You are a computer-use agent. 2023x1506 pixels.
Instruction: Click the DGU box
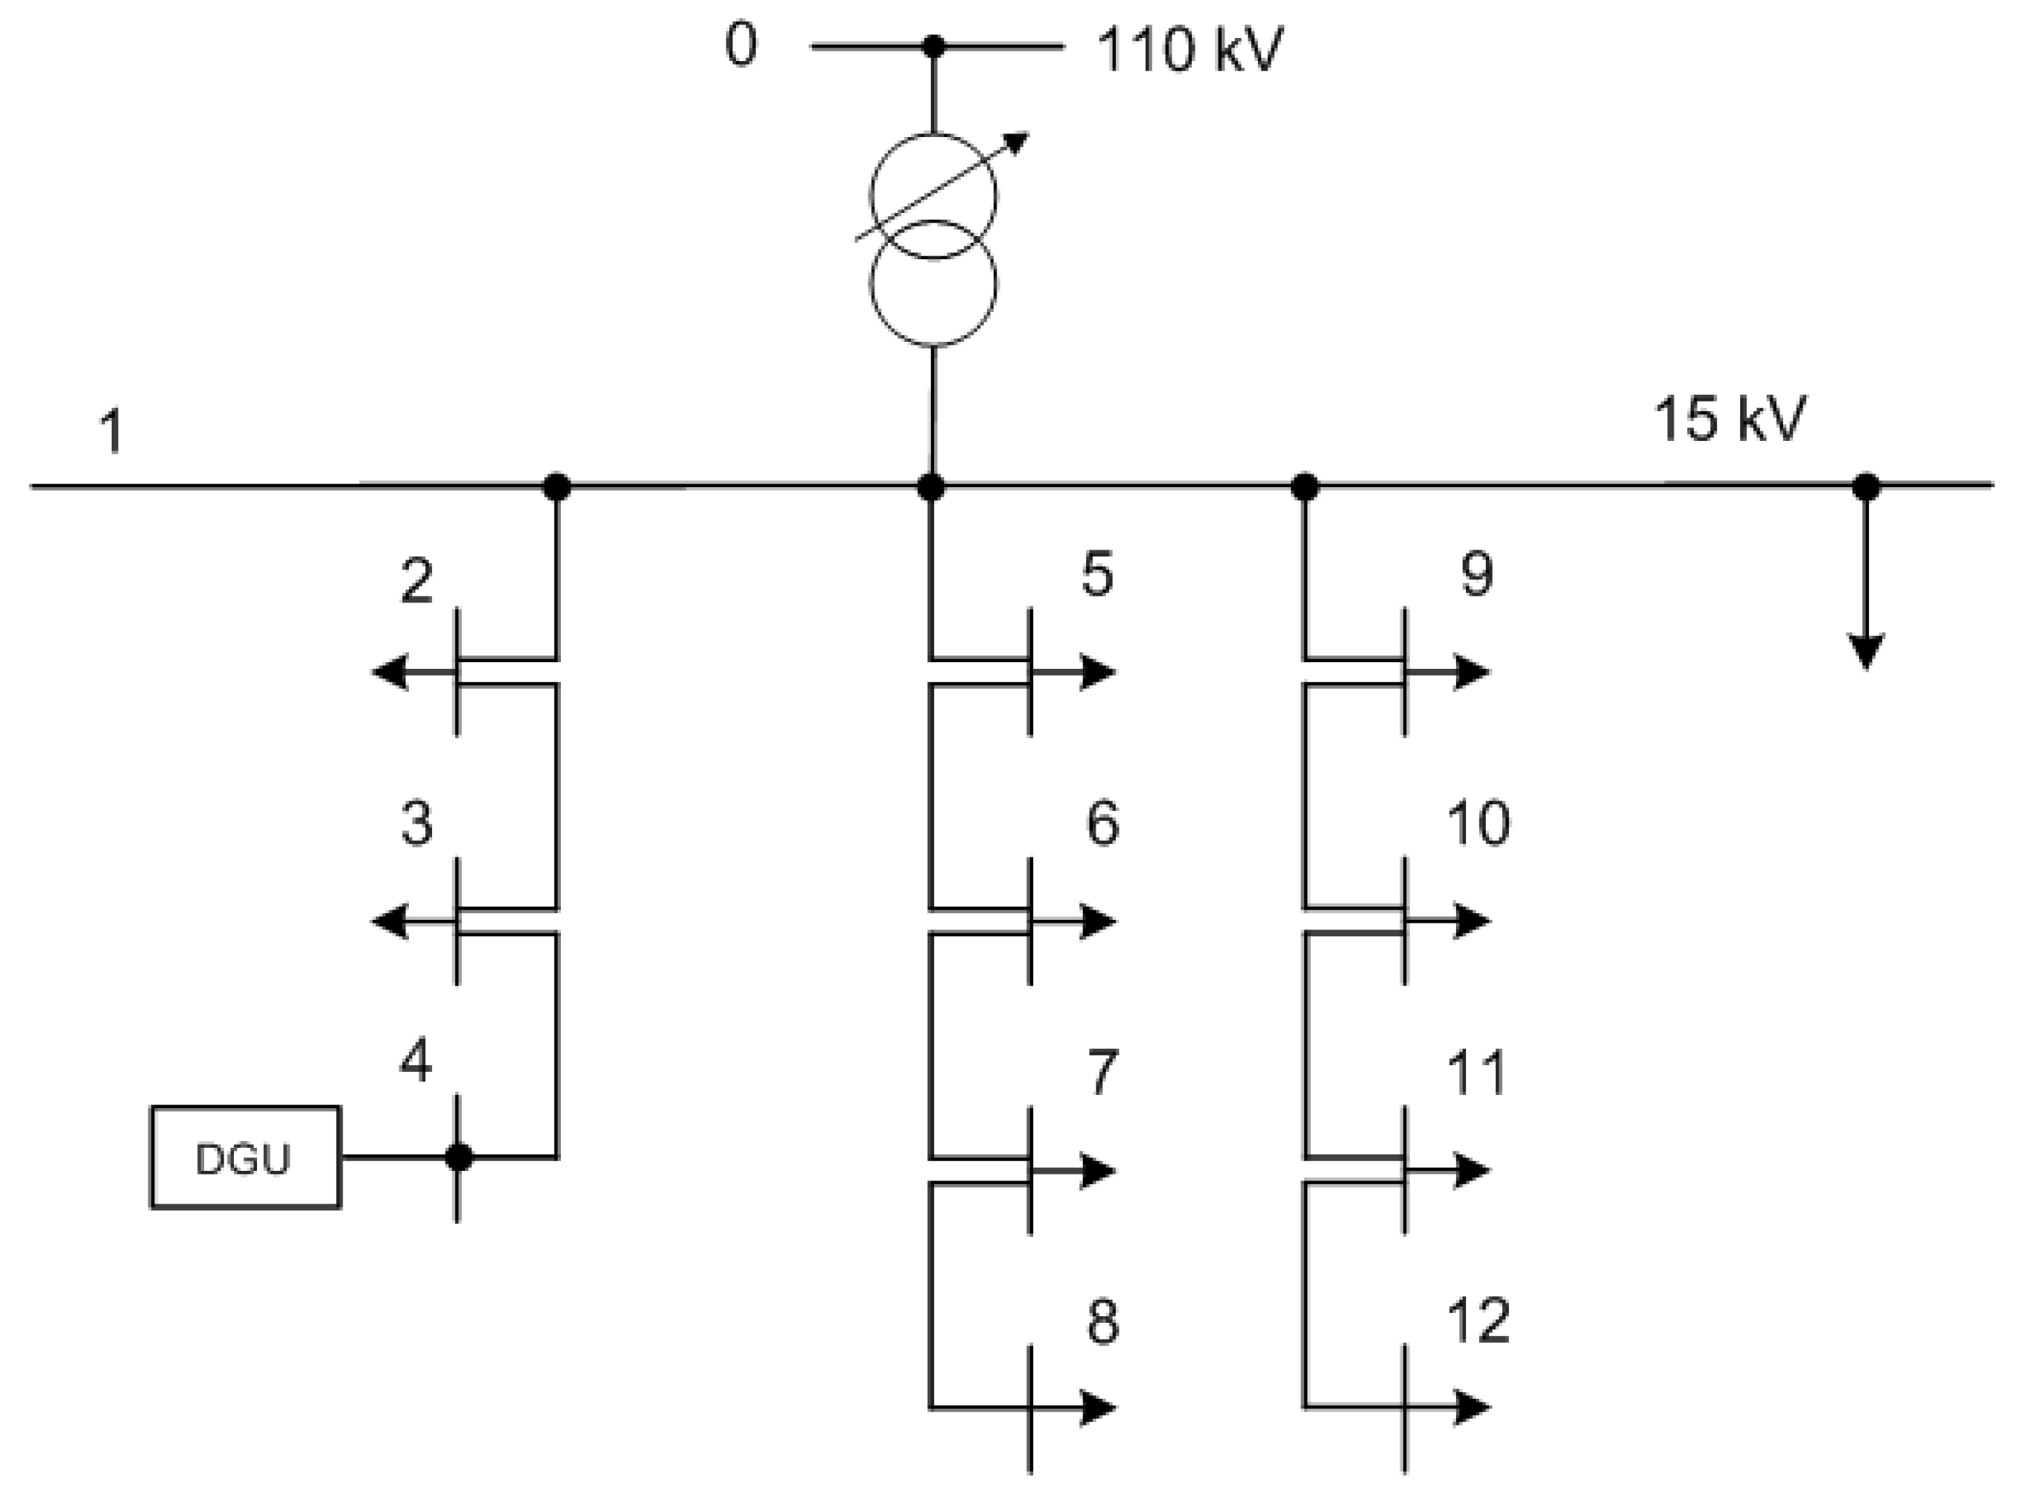pos(245,1157)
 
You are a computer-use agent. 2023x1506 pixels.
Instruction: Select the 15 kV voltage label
pos(1730,420)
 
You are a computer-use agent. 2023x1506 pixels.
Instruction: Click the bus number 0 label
pos(740,45)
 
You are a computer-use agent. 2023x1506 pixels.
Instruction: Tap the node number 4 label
pos(416,1061)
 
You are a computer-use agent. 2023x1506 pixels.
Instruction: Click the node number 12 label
pos(1478,1320)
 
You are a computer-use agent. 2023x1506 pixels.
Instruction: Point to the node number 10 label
pos(1478,822)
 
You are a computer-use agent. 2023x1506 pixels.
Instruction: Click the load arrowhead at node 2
pos(390,673)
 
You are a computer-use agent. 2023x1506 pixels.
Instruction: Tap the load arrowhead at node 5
pos(1098,673)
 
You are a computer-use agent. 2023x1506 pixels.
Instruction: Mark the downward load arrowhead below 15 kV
pos(1866,651)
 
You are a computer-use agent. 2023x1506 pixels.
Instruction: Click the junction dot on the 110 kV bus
pos(933,45)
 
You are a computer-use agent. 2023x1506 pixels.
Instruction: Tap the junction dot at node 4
pos(459,1157)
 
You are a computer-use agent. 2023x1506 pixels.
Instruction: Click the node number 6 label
pos(1102,823)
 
